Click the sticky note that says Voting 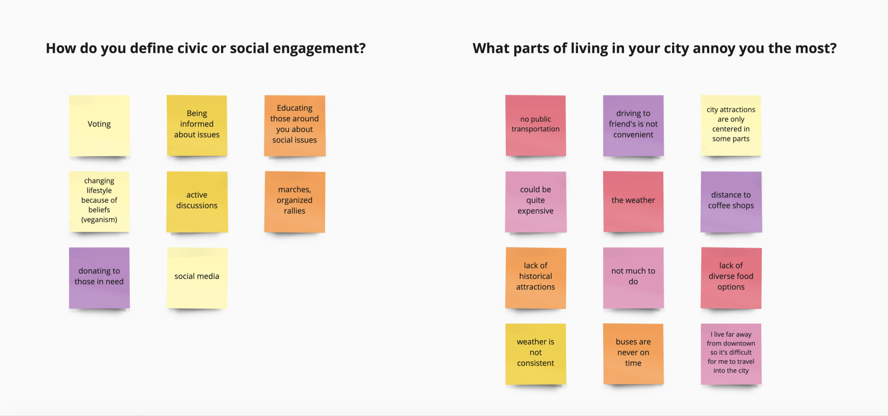[x=99, y=126]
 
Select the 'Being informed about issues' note [x=197, y=126]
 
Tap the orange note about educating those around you [x=295, y=126]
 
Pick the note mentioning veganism [x=99, y=202]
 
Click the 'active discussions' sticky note [x=197, y=202]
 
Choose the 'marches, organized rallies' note [x=295, y=202]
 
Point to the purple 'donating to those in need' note [x=99, y=278]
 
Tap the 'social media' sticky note [x=197, y=278]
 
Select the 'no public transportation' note [x=536, y=126]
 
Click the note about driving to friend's [x=633, y=126]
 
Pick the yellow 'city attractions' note [x=731, y=126]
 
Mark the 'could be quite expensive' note [x=536, y=202]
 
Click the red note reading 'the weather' [x=633, y=202]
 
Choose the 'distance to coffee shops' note [x=731, y=202]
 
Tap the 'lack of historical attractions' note [x=536, y=278]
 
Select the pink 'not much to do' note [x=633, y=278]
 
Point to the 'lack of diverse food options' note [x=731, y=278]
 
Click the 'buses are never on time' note [x=633, y=354]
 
